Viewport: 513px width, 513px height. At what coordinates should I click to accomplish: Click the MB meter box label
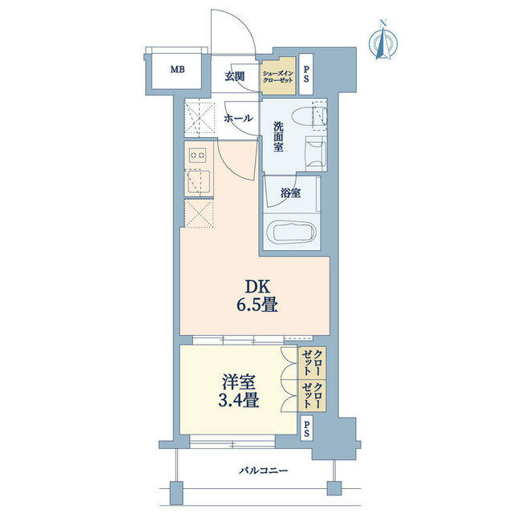177,70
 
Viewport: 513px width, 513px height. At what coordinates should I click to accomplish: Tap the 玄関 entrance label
234,77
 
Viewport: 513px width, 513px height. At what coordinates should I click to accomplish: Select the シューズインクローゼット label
278,77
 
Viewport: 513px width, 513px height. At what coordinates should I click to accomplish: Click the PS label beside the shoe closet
306,75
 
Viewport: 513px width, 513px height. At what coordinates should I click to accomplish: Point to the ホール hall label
238,118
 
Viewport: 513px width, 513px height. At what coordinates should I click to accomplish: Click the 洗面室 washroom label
278,137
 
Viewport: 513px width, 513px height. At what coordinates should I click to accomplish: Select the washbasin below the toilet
316,153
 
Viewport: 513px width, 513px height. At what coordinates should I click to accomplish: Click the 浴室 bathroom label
290,193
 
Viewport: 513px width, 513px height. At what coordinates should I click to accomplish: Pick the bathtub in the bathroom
291,232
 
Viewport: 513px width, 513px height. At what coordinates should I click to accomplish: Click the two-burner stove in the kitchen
198,155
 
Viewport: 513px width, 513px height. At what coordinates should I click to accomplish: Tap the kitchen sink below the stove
198,182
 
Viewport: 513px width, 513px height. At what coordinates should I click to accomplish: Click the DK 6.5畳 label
257,296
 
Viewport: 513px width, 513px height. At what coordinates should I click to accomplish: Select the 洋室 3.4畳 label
239,391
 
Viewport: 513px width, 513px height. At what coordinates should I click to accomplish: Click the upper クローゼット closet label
313,362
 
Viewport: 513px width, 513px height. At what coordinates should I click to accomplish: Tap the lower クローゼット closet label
313,395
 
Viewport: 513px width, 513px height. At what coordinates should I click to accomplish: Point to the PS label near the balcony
306,429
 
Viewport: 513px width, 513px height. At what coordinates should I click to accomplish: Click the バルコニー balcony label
264,471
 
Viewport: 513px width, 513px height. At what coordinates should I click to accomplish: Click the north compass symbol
383,41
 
